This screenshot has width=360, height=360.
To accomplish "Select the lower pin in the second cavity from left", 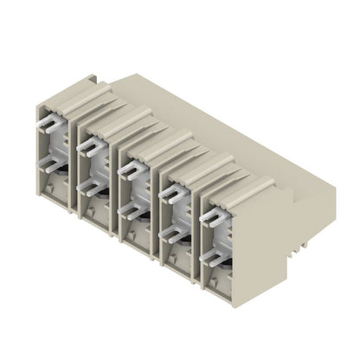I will click(x=87, y=184).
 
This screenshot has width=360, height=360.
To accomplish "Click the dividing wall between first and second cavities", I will click(x=76, y=164).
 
